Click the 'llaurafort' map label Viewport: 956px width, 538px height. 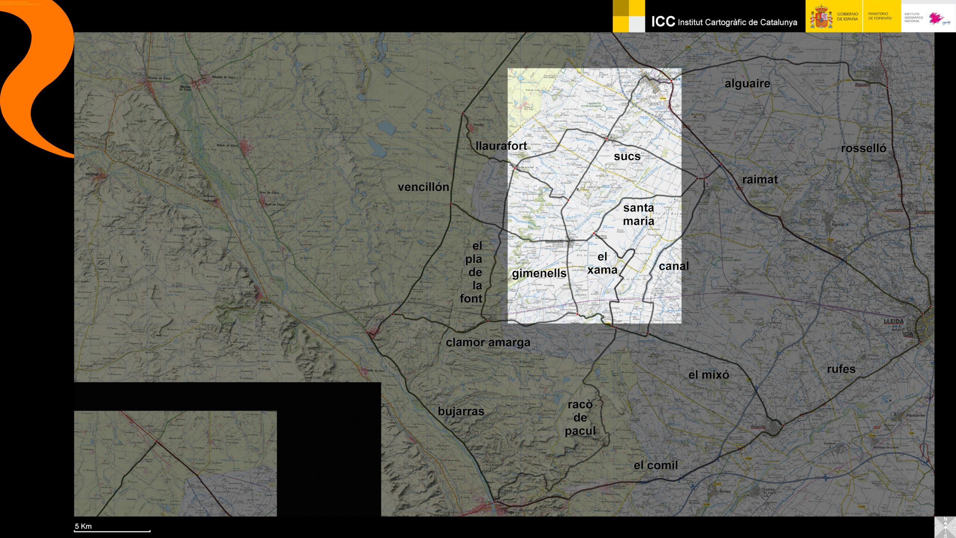[501, 146]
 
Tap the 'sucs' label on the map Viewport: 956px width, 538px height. [627, 156]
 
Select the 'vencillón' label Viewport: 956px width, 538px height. [423, 187]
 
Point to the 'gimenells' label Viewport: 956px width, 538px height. [539, 273]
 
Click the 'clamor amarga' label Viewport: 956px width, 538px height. [488, 342]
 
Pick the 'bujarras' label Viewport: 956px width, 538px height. [461, 411]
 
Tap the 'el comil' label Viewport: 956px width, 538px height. [655, 465]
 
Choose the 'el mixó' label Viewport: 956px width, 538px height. [708, 375]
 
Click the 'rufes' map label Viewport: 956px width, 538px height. [841, 369]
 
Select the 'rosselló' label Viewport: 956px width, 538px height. [863, 148]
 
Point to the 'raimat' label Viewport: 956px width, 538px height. [760, 180]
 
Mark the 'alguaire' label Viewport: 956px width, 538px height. [747, 84]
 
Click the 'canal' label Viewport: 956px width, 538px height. [673, 266]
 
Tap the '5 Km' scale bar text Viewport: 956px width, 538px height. [83, 526]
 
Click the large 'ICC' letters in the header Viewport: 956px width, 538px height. [663, 22]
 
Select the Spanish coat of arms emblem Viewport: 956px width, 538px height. [821, 17]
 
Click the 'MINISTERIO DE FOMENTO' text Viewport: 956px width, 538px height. [879, 16]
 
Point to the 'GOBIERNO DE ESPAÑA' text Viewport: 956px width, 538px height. [847, 16]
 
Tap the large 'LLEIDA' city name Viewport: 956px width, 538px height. [894, 321]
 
